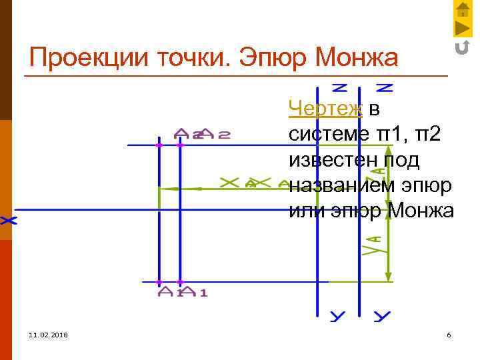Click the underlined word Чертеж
point(325,107)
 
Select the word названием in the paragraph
point(335,185)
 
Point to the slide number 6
point(449,334)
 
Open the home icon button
point(463,9)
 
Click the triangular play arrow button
point(463,29)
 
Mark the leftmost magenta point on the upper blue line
point(159,145)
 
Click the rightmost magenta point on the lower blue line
point(180,282)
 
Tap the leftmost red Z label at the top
point(340,87)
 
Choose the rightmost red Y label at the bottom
point(381,316)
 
